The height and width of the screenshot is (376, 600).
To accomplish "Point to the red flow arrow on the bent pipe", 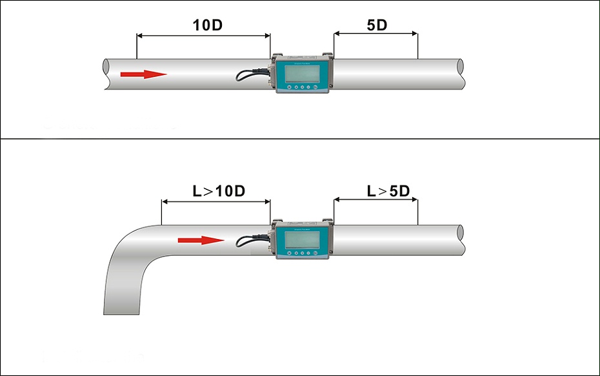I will tap(201, 240).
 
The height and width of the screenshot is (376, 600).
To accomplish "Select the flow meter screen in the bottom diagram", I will tap(302, 240).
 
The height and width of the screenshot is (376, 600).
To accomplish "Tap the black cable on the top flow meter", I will tap(248, 74).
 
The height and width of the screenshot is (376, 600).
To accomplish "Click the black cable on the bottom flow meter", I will tap(248, 240).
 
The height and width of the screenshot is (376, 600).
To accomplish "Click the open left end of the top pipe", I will tap(106, 74).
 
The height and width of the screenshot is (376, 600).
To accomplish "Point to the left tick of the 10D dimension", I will tap(137, 45).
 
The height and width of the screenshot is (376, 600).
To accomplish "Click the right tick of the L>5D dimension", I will tap(418, 211).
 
